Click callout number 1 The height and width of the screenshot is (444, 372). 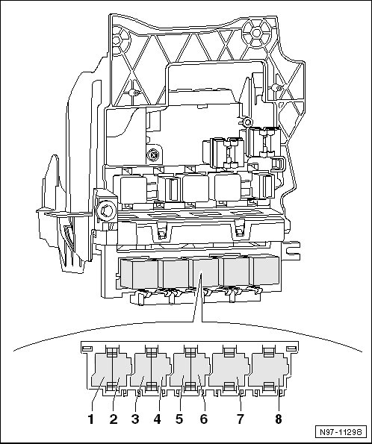pos(90,419)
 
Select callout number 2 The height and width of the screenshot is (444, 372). pos(114,419)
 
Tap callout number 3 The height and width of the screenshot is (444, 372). pos(135,419)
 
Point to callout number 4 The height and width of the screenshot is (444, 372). pos(158,419)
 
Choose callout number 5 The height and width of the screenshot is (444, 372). pos(179,419)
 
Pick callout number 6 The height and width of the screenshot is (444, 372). pos(204,419)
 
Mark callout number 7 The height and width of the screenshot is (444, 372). pos(240,419)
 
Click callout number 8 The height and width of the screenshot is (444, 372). pos(279,419)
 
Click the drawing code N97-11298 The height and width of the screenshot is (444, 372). pos(341,432)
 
